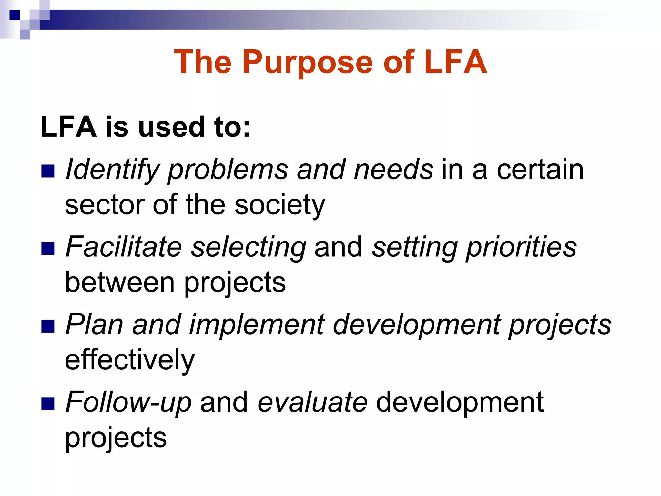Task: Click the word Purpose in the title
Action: coord(309,63)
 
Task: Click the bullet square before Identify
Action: coord(48,171)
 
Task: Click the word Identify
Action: coord(113,170)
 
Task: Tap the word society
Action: coord(280,205)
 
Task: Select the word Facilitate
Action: coord(124,247)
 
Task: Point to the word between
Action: coord(120,283)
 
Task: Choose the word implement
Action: coord(257,325)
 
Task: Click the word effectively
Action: coord(130,360)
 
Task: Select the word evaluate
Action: coord(312,402)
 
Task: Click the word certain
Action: coord(540,170)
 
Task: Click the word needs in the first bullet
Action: coord(393,170)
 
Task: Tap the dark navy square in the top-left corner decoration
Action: coord(15,15)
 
